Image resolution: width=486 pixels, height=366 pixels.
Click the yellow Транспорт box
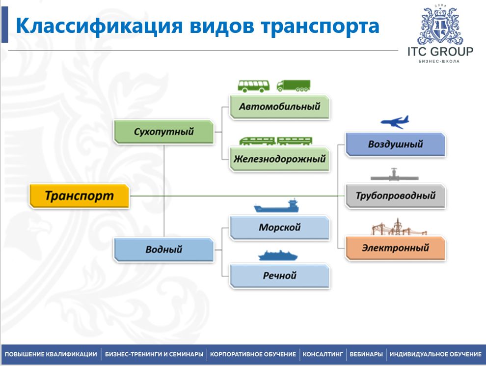pos(79,196)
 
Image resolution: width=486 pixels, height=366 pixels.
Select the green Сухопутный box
pos(164,132)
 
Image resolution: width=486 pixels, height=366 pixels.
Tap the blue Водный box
pos(164,250)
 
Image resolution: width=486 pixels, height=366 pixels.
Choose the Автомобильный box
pos(279,107)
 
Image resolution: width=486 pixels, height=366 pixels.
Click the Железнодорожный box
pos(279,159)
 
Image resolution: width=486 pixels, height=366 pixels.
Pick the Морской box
pos(279,227)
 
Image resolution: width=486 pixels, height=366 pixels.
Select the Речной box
pos(279,276)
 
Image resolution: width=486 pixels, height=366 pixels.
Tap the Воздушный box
pos(395,144)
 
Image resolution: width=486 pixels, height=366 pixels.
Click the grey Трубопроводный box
pos(395,196)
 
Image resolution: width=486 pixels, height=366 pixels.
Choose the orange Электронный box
pos(395,248)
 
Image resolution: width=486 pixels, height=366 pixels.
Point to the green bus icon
pos(254,86)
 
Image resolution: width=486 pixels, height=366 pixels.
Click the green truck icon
pos(294,86)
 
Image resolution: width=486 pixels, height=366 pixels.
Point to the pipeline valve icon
pos(394,175)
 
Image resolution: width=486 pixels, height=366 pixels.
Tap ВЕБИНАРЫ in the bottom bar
pos(366,354)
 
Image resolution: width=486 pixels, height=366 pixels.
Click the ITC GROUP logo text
pos(440,52)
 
